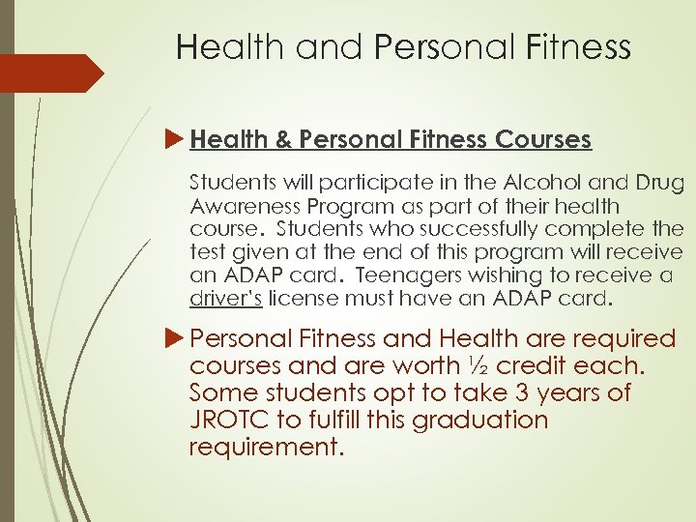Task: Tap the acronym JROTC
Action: [x=233, y=420]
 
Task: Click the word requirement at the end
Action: [x=267, y=448]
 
